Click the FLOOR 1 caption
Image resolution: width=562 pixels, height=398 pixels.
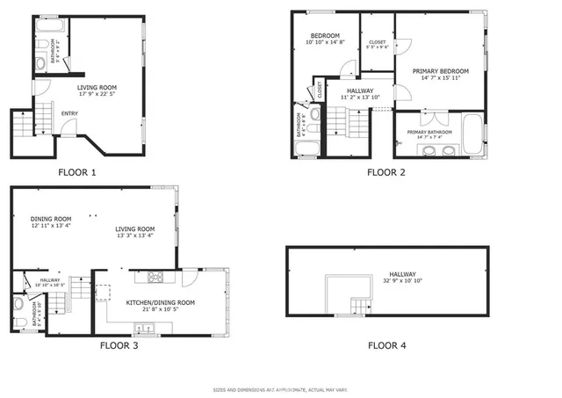(76, 172)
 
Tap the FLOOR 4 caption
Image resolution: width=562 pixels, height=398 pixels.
(386, 345)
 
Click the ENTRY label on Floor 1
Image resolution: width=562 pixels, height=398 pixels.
(69, 113)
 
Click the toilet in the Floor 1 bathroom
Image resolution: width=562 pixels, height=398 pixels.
(41, 62)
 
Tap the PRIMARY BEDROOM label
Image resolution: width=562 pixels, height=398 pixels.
(440, 70)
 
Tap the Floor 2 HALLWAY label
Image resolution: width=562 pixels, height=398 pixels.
(360, 90)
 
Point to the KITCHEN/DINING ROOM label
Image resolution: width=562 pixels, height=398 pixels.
(160, 301)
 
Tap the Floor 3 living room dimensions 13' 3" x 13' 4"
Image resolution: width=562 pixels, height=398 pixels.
(134, 235)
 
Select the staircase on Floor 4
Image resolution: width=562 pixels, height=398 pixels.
(361, 306)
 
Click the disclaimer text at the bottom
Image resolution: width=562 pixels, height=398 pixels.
(280, 389)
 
